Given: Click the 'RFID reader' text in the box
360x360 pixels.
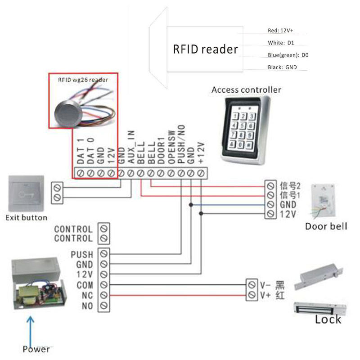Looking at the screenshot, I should [205, 49].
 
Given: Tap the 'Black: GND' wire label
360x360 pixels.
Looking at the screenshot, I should [282, 67].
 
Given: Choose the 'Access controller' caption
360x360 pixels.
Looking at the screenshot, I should [246, 90].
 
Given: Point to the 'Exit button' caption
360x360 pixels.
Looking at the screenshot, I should [26, 218].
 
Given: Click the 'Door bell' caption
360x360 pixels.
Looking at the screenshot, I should [326, 226].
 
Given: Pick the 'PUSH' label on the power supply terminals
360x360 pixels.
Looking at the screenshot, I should [82, 255].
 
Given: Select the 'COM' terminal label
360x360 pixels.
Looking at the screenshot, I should [85, 285].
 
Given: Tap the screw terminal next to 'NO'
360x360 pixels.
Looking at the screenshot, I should [104, 306].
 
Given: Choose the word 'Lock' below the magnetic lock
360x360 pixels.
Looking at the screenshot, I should [328, 319].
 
